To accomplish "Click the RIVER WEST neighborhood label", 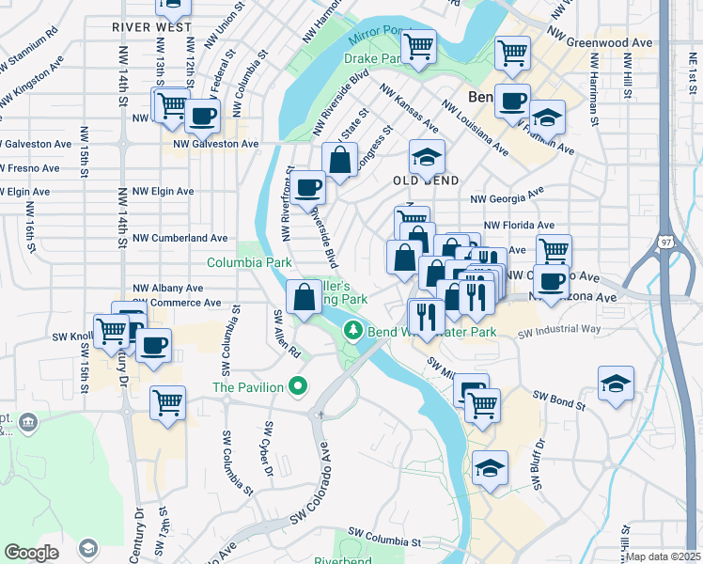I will [145, 27].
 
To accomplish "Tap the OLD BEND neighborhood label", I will [426, 180].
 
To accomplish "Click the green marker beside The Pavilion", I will [299, 385].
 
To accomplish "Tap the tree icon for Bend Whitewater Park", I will [353, 331].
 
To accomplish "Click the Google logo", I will [31, 553].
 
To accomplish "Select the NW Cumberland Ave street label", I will [180, 239].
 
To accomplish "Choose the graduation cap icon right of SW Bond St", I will [615, 383].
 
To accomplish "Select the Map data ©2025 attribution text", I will [664, 556].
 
